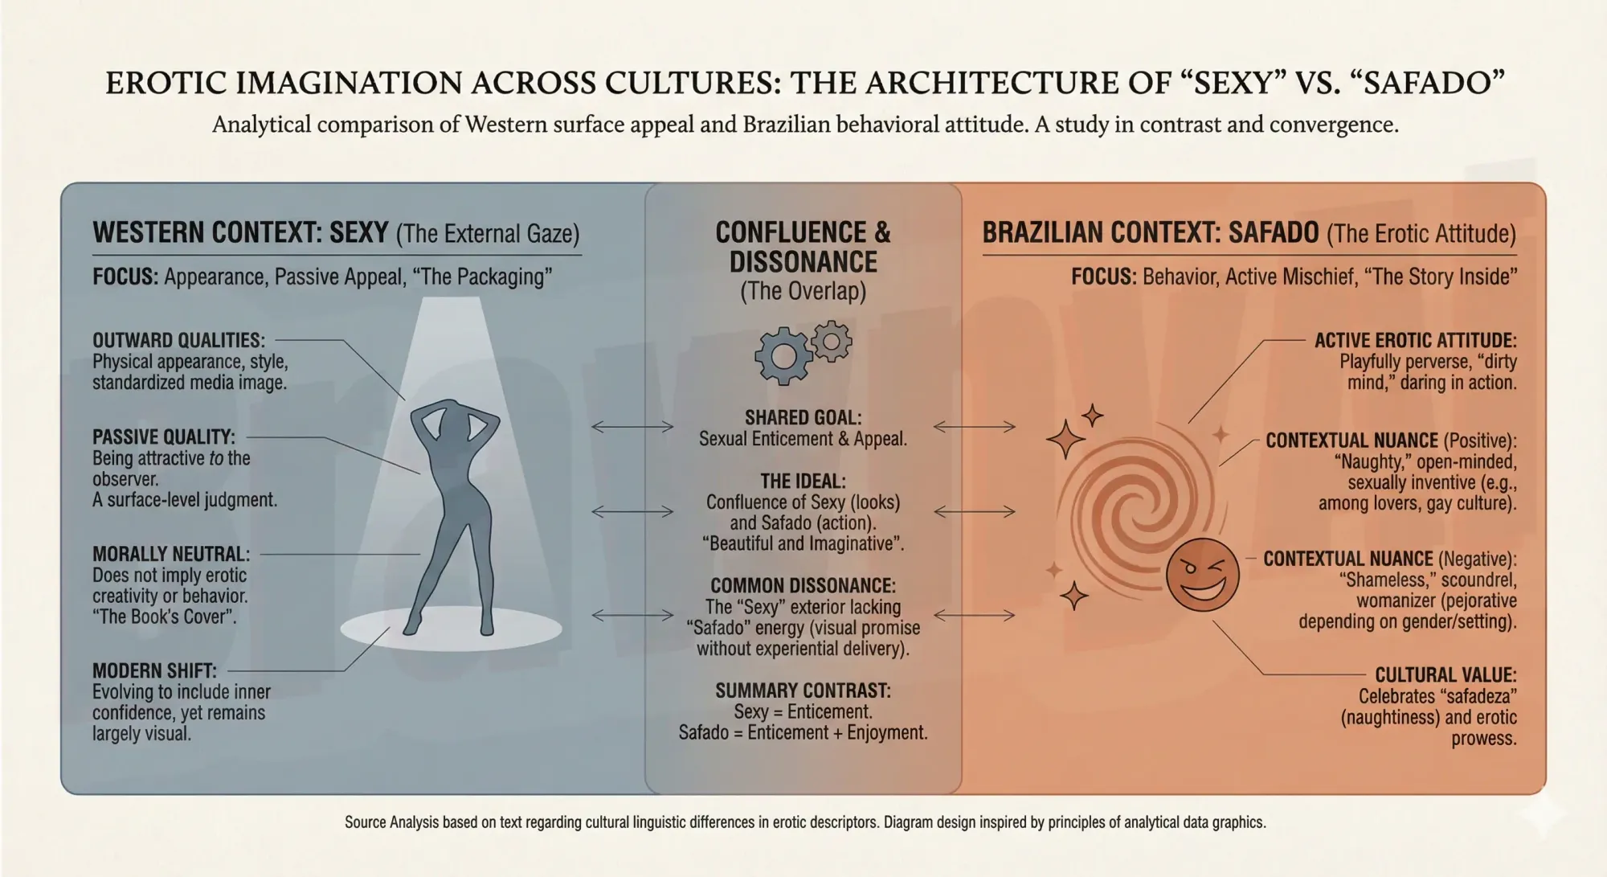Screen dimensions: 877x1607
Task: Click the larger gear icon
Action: [783, 355]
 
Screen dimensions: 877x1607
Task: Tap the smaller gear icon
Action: [832, 342]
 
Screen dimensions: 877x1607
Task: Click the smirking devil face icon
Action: [1202, 575]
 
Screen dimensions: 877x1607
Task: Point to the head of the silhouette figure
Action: [455, 417]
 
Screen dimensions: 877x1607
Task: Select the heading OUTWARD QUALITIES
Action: [178, 341]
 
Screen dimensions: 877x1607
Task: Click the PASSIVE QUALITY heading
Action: [164, 437]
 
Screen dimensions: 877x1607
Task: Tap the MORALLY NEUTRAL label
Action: [171, 555]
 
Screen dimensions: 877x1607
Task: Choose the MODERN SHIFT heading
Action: [154, 671]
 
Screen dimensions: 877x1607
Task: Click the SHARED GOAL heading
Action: [803, 418]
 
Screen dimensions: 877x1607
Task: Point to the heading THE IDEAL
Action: [803, 482]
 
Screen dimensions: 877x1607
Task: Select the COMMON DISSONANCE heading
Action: [803, 586]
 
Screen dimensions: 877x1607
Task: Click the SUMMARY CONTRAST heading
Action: [803, 691]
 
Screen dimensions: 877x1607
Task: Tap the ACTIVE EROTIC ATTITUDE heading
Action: [1415, 341]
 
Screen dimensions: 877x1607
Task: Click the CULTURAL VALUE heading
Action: [1445, 675]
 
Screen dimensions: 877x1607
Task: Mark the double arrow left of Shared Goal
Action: [632, 427]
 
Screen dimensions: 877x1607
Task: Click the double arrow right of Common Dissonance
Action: [975, 616]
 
